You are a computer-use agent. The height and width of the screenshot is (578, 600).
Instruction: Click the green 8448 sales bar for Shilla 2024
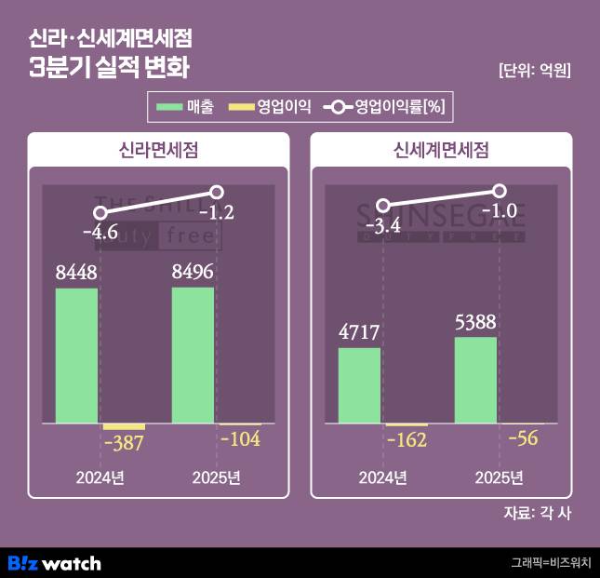[76, 356]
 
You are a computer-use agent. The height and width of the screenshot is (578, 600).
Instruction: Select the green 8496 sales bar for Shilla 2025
[193, 355]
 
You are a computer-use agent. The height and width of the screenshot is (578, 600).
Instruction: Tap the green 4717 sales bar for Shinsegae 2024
[359, 385]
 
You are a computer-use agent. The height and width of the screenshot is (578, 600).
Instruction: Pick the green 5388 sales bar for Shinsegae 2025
[475, 380]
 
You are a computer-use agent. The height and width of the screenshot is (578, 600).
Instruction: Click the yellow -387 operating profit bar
[124, 426]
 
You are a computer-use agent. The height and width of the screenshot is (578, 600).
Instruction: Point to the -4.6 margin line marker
[100, 212]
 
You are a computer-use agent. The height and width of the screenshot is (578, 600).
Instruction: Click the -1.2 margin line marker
[217, 192]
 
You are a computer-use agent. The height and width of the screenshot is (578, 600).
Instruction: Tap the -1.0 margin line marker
[499, 190]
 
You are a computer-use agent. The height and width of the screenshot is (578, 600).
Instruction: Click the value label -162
[407, 440]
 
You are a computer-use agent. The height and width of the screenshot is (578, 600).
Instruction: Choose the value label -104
[240, 439]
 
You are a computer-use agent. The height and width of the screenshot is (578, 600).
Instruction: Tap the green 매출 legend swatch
[169, 107]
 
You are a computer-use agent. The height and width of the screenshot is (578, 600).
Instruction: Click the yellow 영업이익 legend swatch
[240, 107]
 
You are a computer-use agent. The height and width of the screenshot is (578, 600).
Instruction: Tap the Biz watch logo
[54, 562]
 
